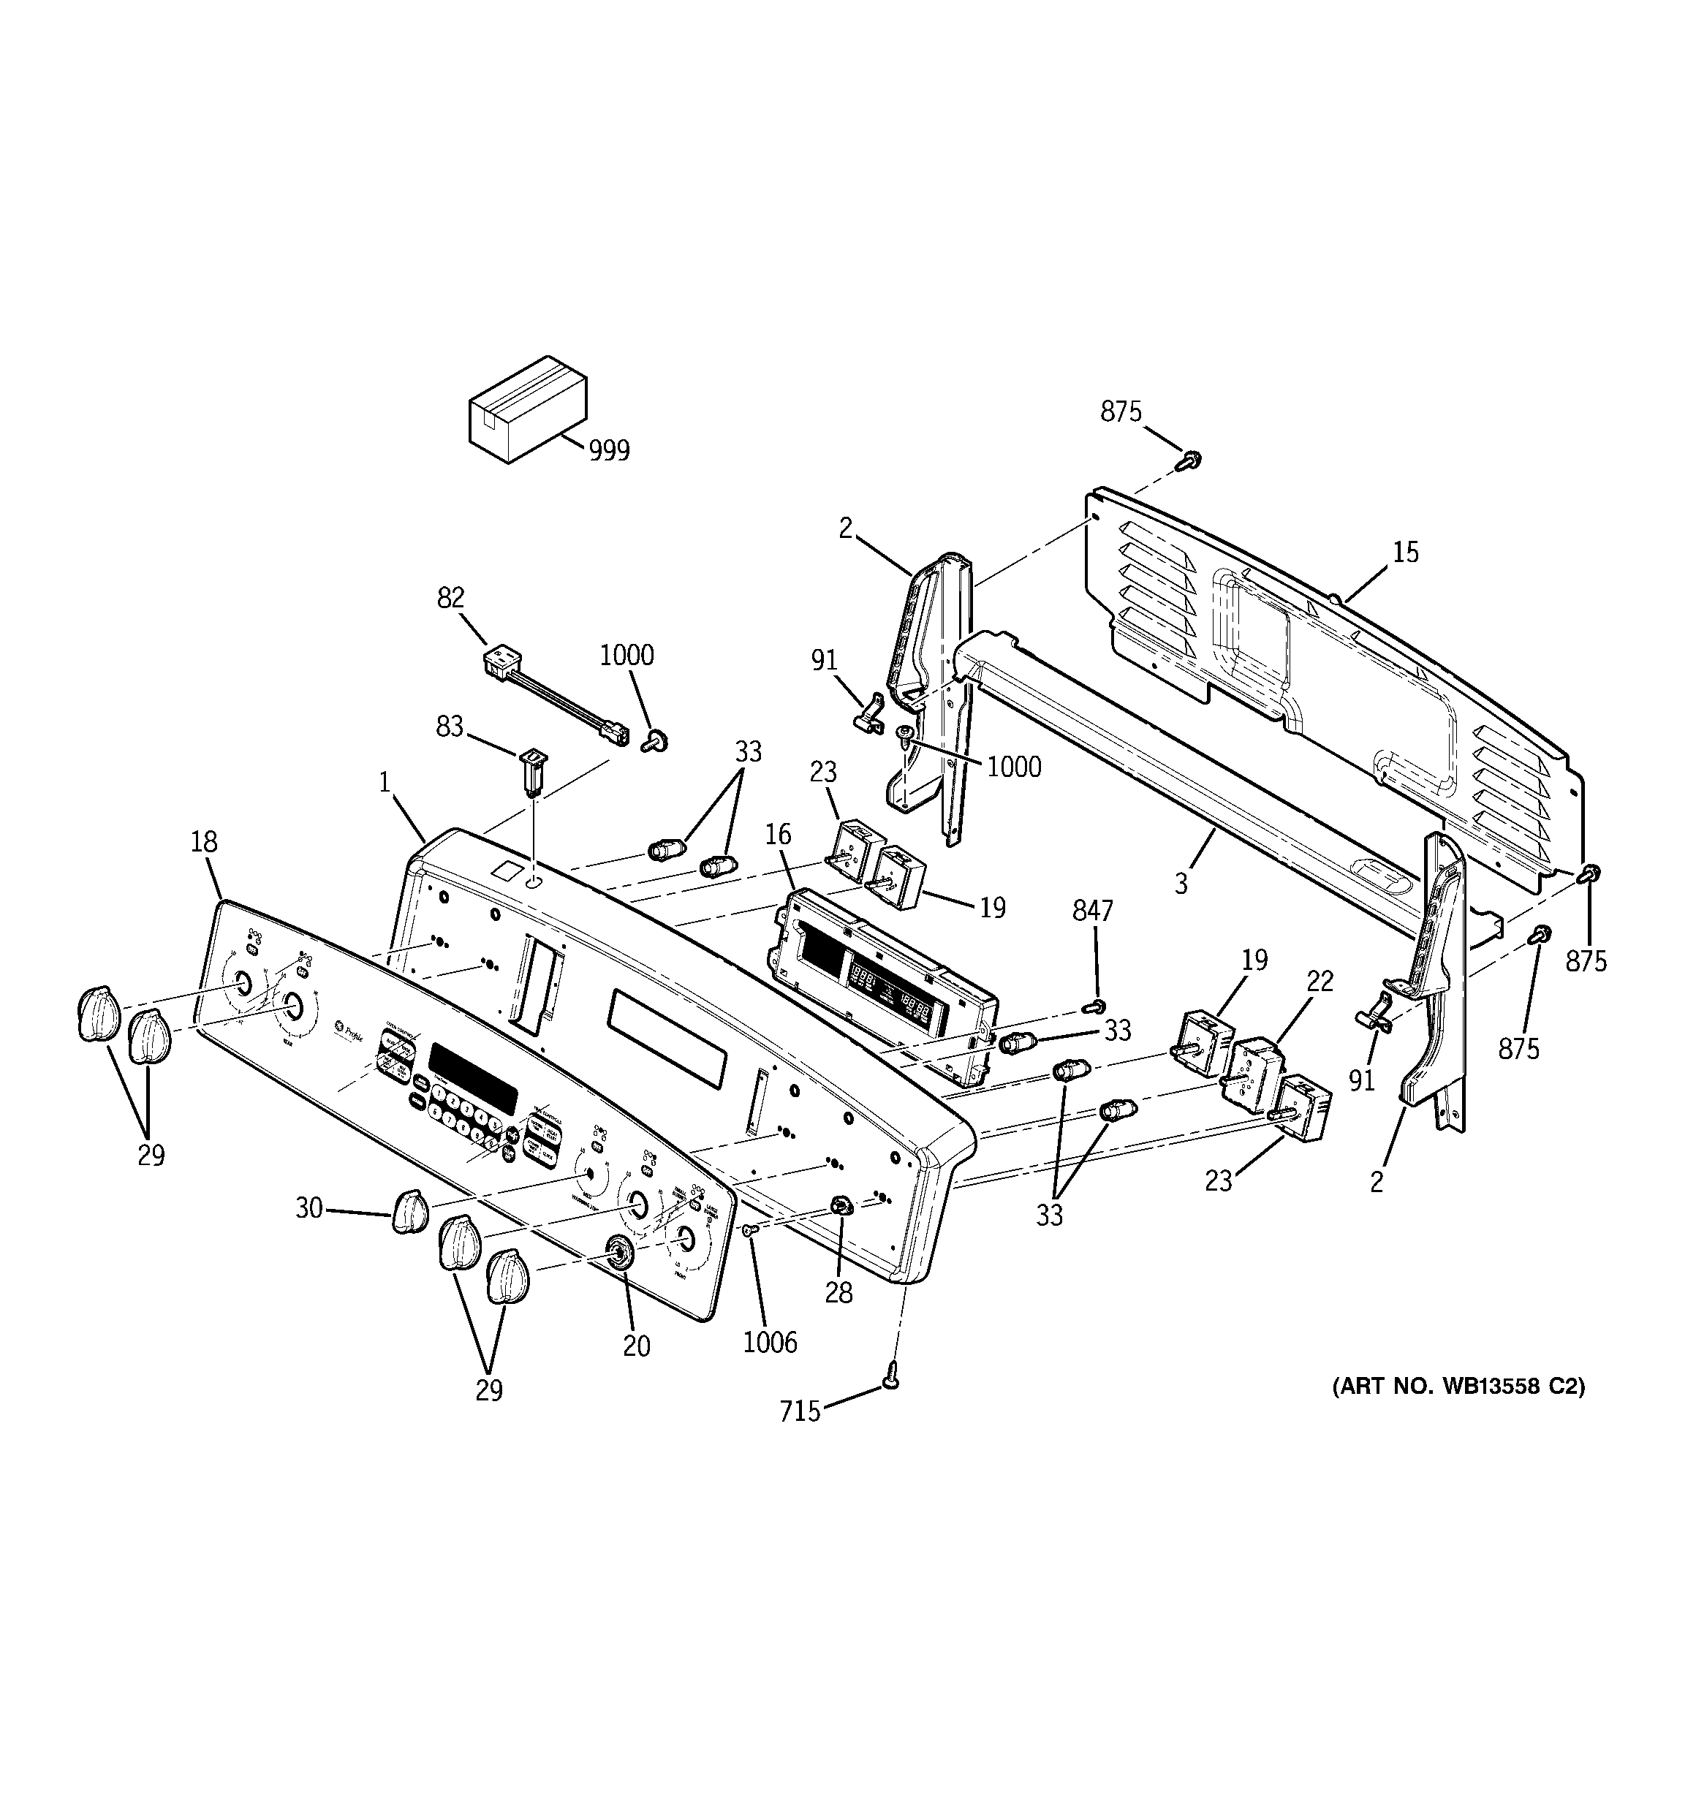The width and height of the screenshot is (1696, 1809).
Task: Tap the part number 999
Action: pyautogui.click(x=609, y=450)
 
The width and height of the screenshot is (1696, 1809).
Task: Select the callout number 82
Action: pyautogui.click(x=450, y=598)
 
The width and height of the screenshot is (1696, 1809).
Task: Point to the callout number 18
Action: pyautogui.click(x=204, y=842)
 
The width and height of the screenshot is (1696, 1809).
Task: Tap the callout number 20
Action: pyautogui.click(x=636, y=1346)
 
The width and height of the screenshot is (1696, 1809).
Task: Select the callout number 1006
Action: pyautogui.click(x=769, y=1342)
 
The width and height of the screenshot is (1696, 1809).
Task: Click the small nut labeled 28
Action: pyautogui.click(x=839, y=1207)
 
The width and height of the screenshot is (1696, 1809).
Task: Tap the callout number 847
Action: pyautogui.click(x=1092, y=910)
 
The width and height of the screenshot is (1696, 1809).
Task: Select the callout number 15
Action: pyautogui.click(x=1406, y=553)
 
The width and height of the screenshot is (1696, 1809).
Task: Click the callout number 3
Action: pyautogui.click(x=1181, y=884)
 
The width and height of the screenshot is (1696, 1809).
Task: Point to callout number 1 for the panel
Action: pyautogui.click(x=385, y=781)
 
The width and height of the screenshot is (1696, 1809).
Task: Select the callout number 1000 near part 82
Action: pyautogui.click(x=626, y=655)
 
